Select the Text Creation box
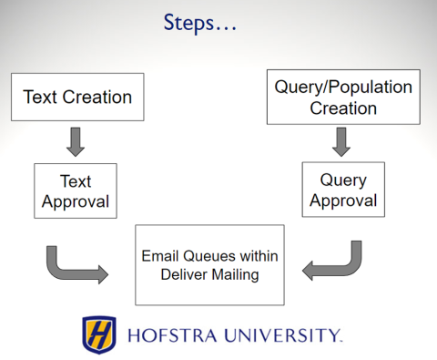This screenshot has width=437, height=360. click(x=77, y=98)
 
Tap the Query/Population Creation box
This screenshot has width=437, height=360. click(x=343, y=98)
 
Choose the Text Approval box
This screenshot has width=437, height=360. click(x=76, y=190)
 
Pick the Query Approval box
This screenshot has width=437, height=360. click(x=343, y=190)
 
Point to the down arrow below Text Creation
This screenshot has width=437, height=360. click(x=76, y=142)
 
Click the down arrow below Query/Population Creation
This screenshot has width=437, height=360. click(x=342, y=142)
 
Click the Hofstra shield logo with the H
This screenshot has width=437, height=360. click(x=99, y=334)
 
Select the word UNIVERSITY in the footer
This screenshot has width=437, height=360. click(x=286, y=335)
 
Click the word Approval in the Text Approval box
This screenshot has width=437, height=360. click(x=76, y=201)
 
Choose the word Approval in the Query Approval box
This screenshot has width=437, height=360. click(x=343, y=200)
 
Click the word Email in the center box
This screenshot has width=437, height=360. click(x=158, y=256)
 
